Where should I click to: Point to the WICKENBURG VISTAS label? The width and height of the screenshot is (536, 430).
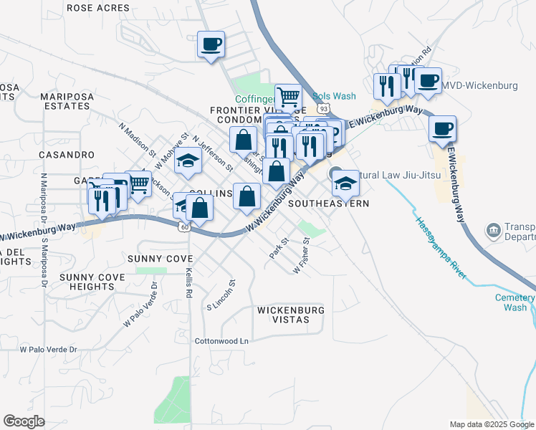290,315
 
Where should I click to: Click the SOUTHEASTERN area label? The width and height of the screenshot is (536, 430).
328,204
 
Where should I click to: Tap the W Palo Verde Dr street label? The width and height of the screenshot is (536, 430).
48,350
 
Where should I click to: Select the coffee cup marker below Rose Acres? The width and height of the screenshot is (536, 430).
211,44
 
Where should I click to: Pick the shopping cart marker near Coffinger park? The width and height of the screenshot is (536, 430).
288,96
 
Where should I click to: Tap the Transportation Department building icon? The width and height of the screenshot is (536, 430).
493,230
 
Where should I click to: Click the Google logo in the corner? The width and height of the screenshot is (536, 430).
24,421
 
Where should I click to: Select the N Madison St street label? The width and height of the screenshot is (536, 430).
137,139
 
